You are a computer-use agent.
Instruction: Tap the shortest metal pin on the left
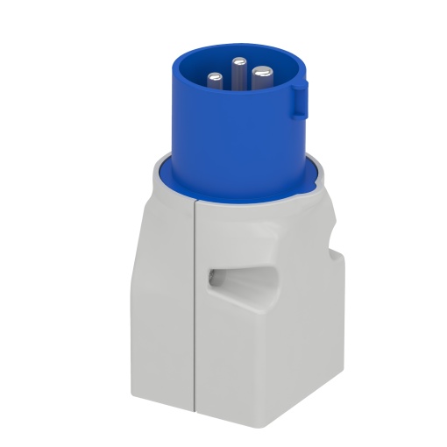[x=216, y=80]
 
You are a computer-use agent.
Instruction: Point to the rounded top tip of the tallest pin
[x=238, y=60]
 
